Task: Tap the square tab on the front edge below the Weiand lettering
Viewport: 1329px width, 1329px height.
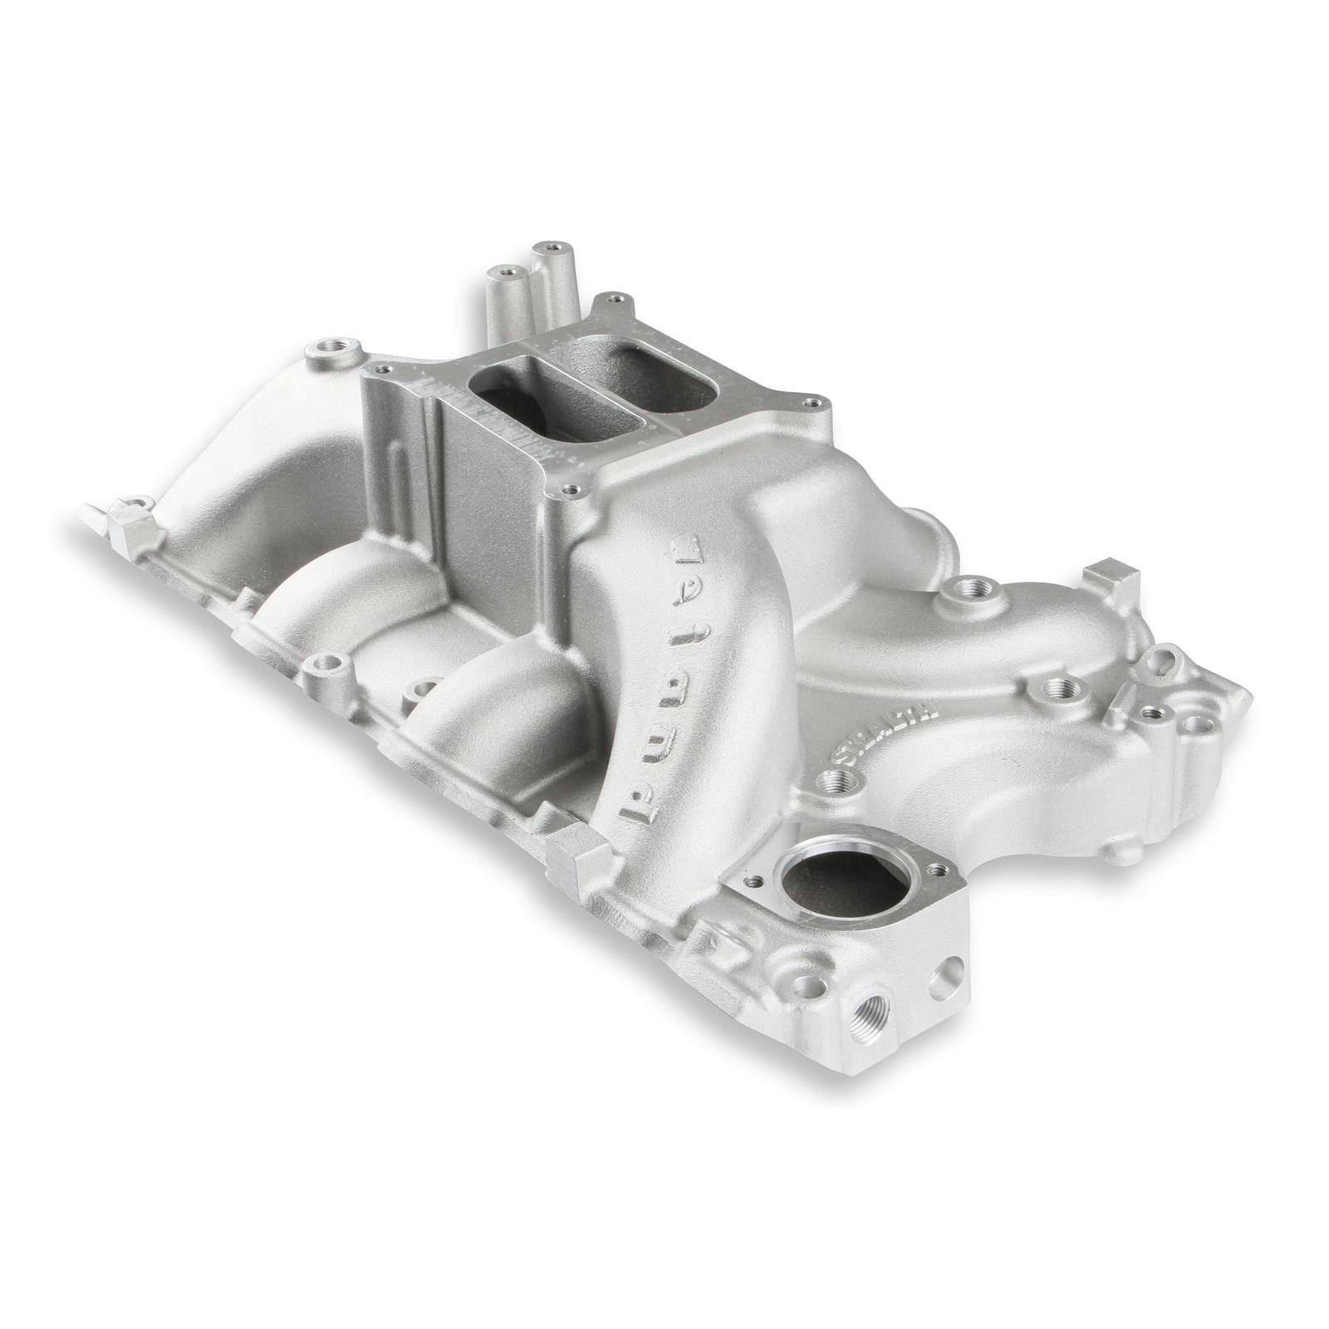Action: pyautogui.click(x=577, y=846)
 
